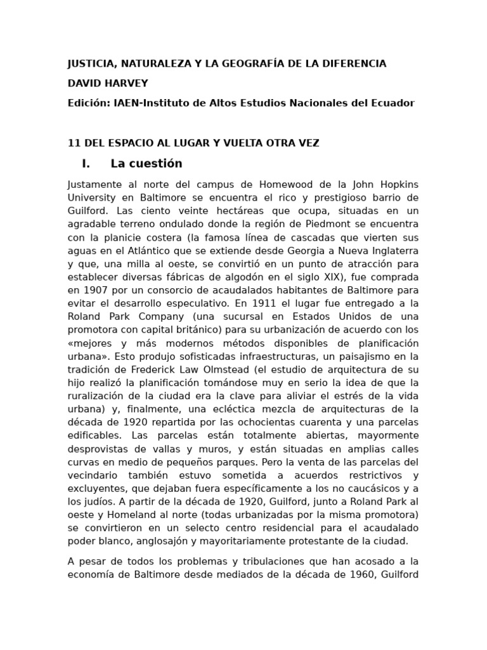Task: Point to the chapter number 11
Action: click(74, 143)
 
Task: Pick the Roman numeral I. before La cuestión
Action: click(86, 164)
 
